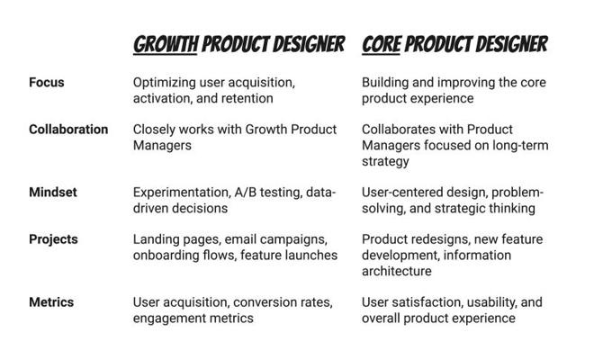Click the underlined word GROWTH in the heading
[166, 44]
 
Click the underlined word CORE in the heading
[381, 44]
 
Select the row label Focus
[47, 82]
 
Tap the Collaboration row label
[68, 130]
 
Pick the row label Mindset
[53, 192]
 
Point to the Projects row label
[53, 239]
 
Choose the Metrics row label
[51, 302]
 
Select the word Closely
[154, 130]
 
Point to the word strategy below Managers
[385, 161]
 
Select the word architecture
[397, 271]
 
